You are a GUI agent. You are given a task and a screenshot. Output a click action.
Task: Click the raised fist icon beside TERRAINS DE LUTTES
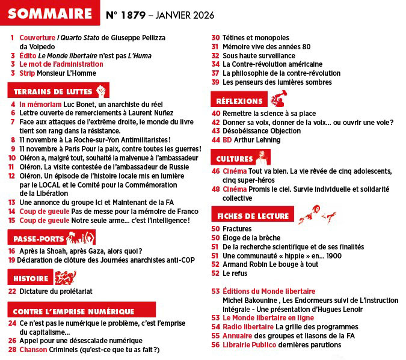point(101,91)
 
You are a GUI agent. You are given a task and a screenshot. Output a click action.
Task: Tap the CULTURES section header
point(235,159)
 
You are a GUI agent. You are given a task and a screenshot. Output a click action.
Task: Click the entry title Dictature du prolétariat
point(55,291)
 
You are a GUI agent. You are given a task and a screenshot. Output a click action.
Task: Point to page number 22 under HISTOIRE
point(12,291)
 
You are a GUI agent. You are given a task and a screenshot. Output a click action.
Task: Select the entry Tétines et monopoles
point(256,38)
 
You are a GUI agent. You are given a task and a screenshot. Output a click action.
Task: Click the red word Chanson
point(33,349)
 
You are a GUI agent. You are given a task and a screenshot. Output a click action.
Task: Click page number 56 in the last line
point(215,345)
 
